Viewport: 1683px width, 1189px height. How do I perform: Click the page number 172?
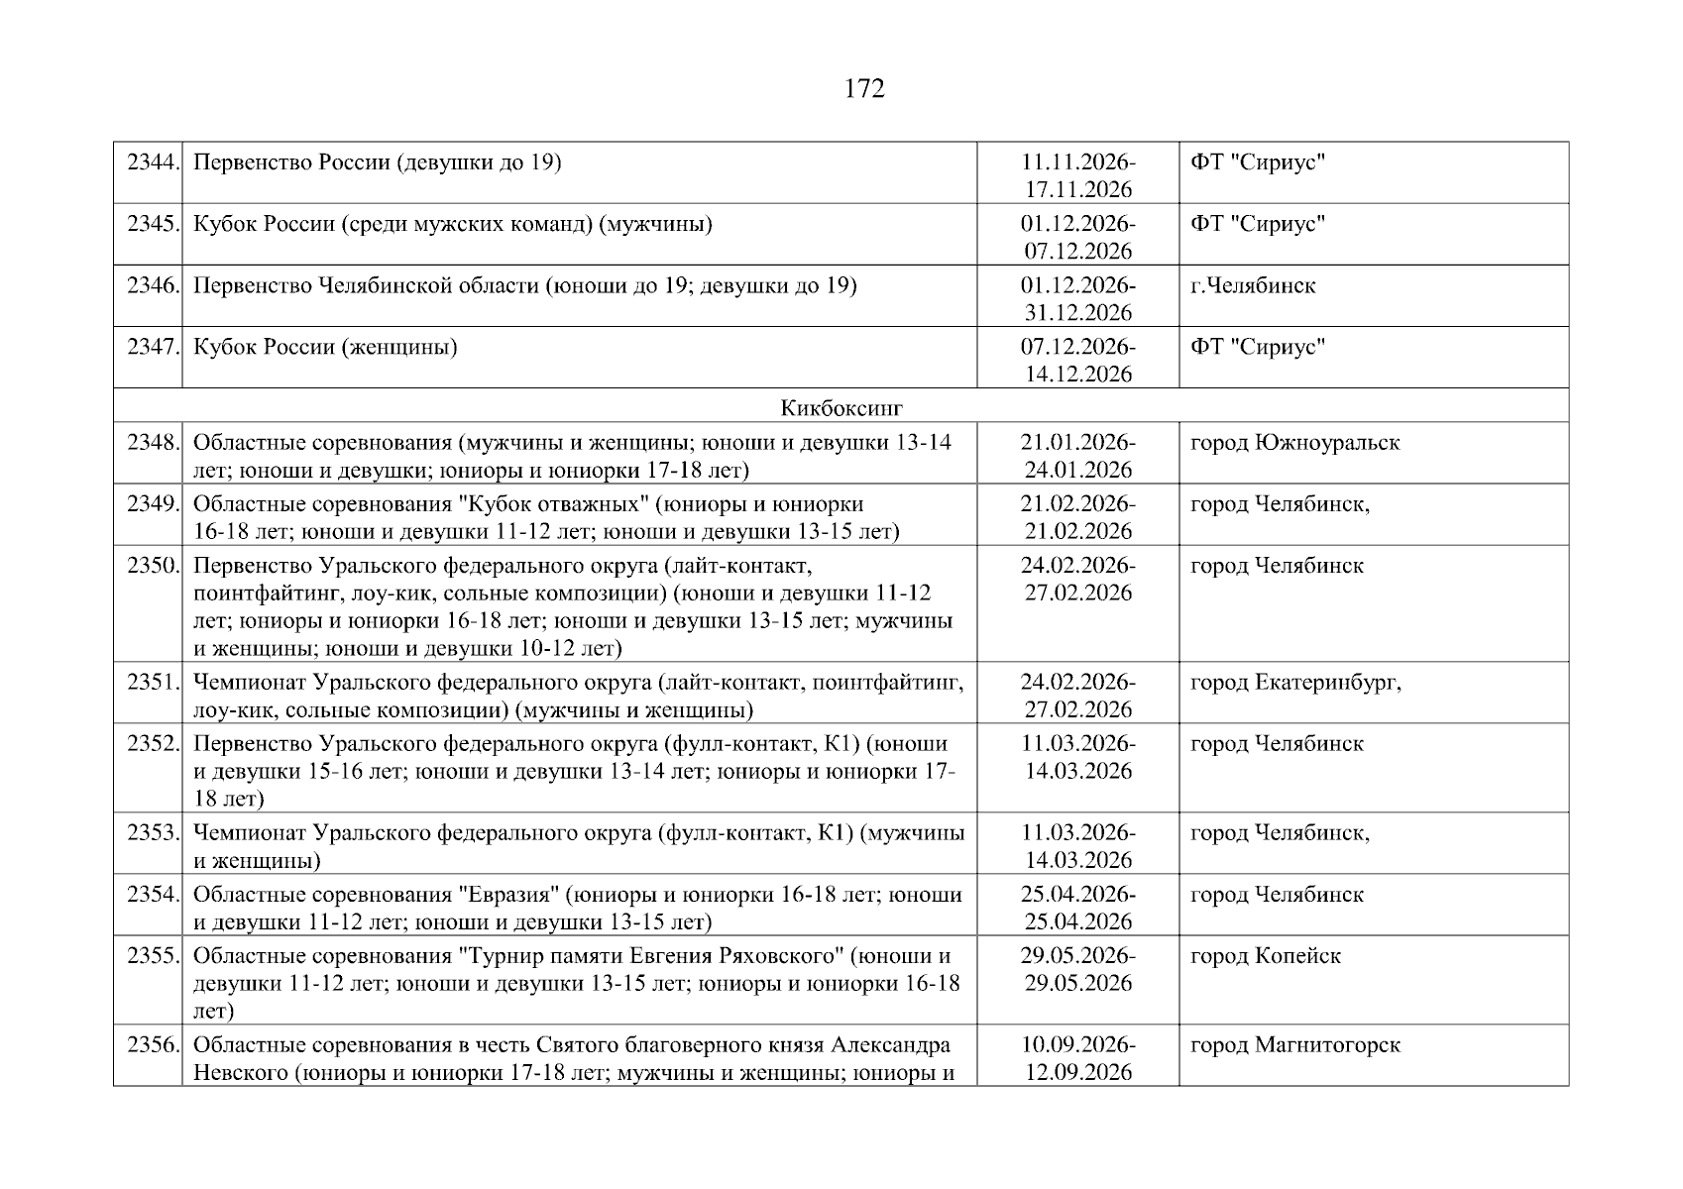864,89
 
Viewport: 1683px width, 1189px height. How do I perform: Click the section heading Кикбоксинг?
841,407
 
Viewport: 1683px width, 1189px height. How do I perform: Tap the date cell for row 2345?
1078,237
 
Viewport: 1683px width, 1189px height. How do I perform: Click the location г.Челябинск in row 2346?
1253,286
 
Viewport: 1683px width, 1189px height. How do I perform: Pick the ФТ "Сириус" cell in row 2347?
1258,348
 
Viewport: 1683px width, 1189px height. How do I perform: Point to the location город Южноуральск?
1294,443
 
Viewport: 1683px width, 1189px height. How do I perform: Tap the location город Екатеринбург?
1295,683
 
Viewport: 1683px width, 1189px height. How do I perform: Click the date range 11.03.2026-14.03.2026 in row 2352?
1078,758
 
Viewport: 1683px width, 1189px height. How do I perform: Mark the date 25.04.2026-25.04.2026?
1078,909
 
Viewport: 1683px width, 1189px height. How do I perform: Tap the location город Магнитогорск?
1294,1045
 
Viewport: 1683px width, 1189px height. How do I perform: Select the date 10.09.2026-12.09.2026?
1078,1059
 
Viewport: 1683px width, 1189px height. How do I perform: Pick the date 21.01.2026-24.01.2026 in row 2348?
1078,456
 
